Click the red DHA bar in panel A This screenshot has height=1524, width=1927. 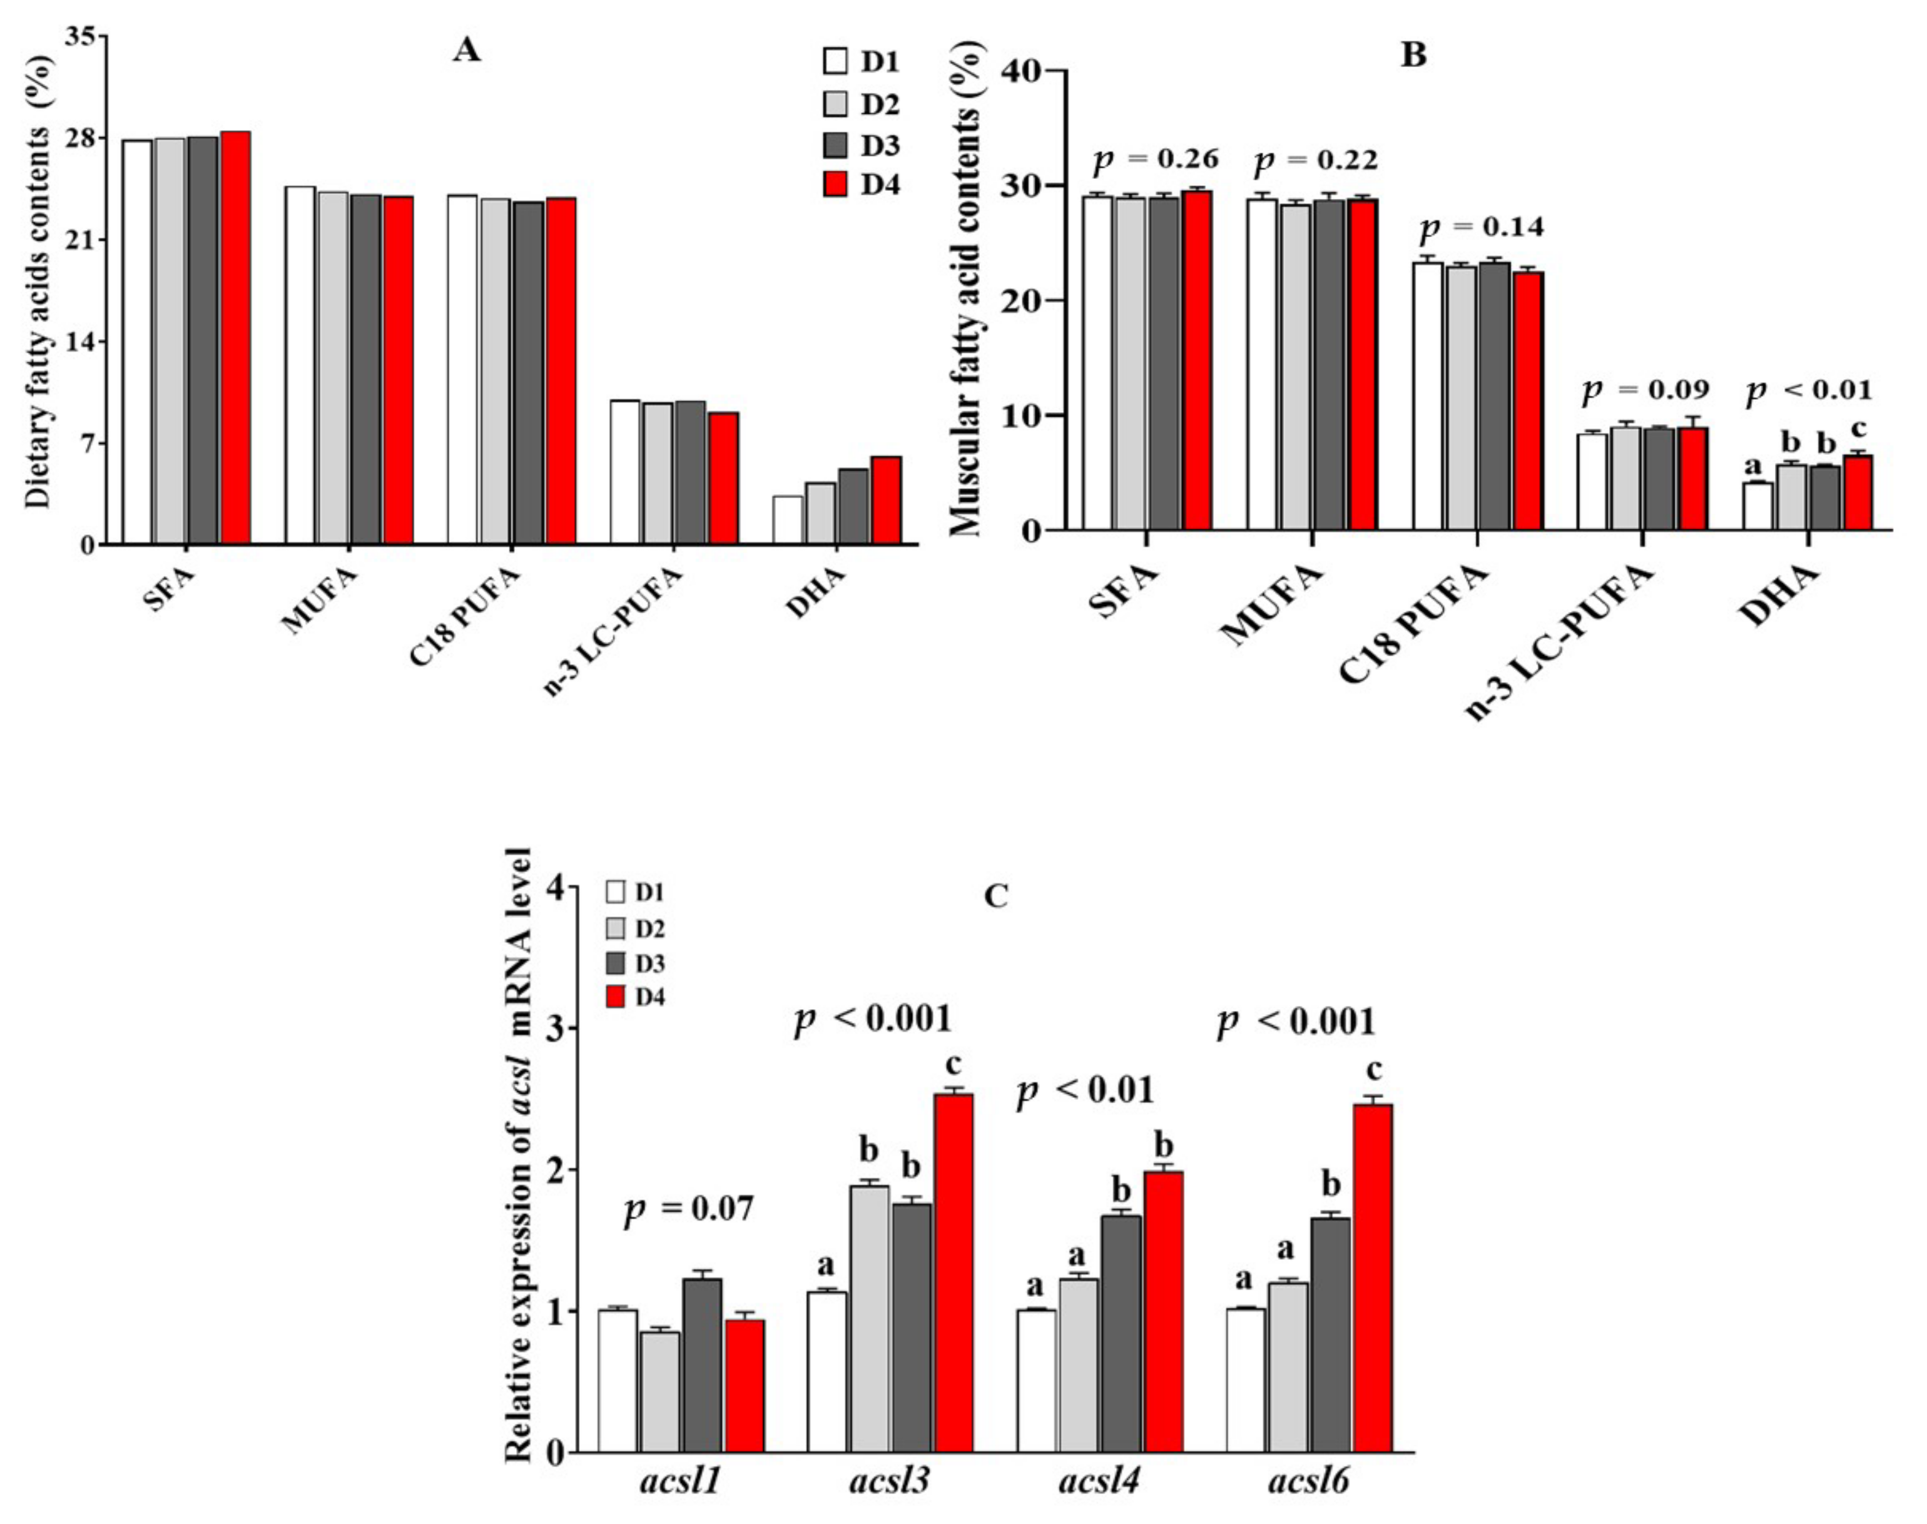click(x=886, y=500)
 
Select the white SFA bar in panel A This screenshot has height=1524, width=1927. click(x=138, y=342)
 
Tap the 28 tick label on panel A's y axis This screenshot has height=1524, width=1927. click(x=82, y=138)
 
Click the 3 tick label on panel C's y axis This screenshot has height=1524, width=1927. click(x=557, y=1028)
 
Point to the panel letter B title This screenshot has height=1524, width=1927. click(x=1414, y=55)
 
